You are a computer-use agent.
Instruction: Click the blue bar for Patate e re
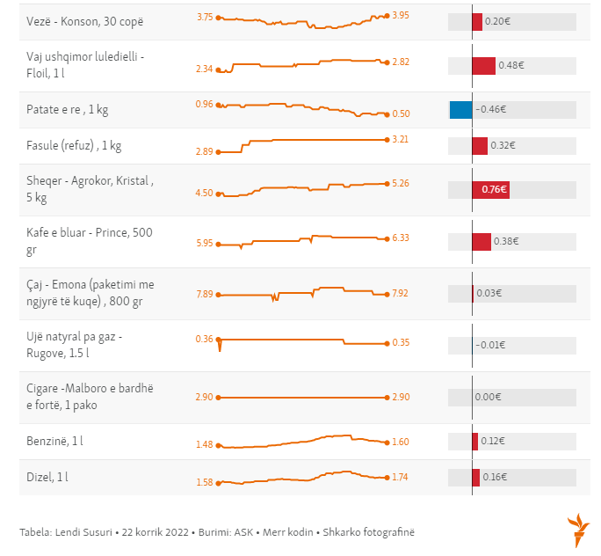point(460,110)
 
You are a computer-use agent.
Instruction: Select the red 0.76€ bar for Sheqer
point(492,189)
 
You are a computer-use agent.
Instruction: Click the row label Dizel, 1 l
point(47,477)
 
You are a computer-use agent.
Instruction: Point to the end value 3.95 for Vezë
point(401,15)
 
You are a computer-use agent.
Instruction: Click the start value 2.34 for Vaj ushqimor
point(204,69)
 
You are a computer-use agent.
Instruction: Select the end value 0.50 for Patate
point(401,113)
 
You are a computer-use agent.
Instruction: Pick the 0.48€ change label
point(510,66)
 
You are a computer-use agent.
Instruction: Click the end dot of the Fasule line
point(387,140)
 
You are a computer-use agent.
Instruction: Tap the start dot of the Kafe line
point(218,244)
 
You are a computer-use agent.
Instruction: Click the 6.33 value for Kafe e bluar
point(401,238)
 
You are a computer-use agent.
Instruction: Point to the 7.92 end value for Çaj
point(401,293)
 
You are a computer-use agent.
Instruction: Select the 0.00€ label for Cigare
point(487,397)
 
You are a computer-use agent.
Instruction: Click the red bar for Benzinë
point(475,442)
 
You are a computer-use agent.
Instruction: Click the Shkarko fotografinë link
point(368,531)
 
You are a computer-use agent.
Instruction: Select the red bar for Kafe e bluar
point(482,241)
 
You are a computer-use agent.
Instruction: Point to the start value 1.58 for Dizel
point(204,482)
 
